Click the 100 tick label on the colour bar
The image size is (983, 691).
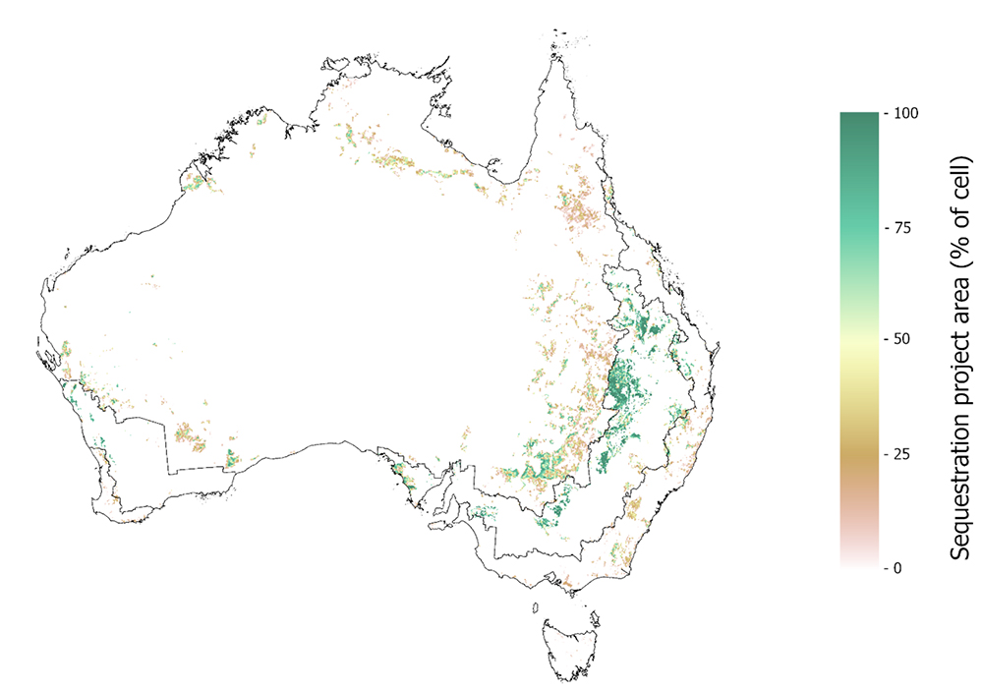coord(906,112)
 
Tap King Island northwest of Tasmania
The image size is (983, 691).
coord(536,607)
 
